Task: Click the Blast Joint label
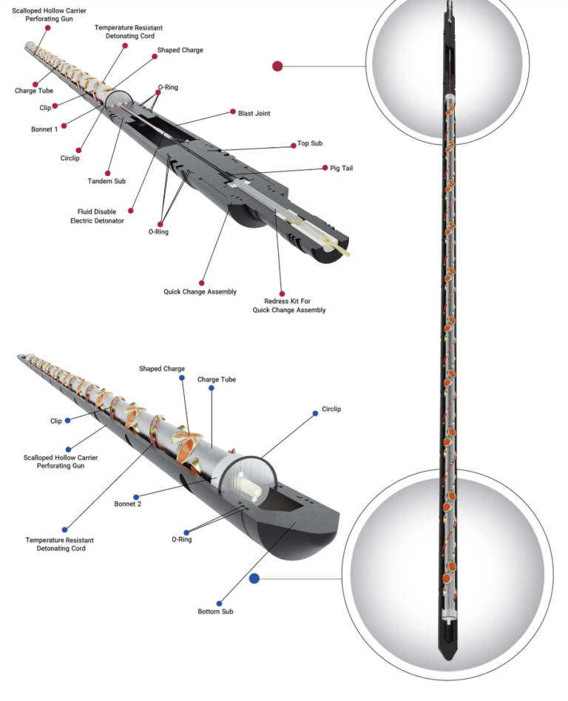coord(254,113)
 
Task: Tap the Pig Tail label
coord(342,169)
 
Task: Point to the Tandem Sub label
coord(104,181)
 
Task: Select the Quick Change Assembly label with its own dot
coord(200,292)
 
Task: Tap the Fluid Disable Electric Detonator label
coord(92,216)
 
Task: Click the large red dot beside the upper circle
coord(277,66)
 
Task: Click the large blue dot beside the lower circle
coord(254,578)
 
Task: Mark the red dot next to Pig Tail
coord(324,169)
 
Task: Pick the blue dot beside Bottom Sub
coord(220,603)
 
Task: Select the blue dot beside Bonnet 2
coord(136,497)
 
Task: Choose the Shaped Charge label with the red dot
coord(180,50)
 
